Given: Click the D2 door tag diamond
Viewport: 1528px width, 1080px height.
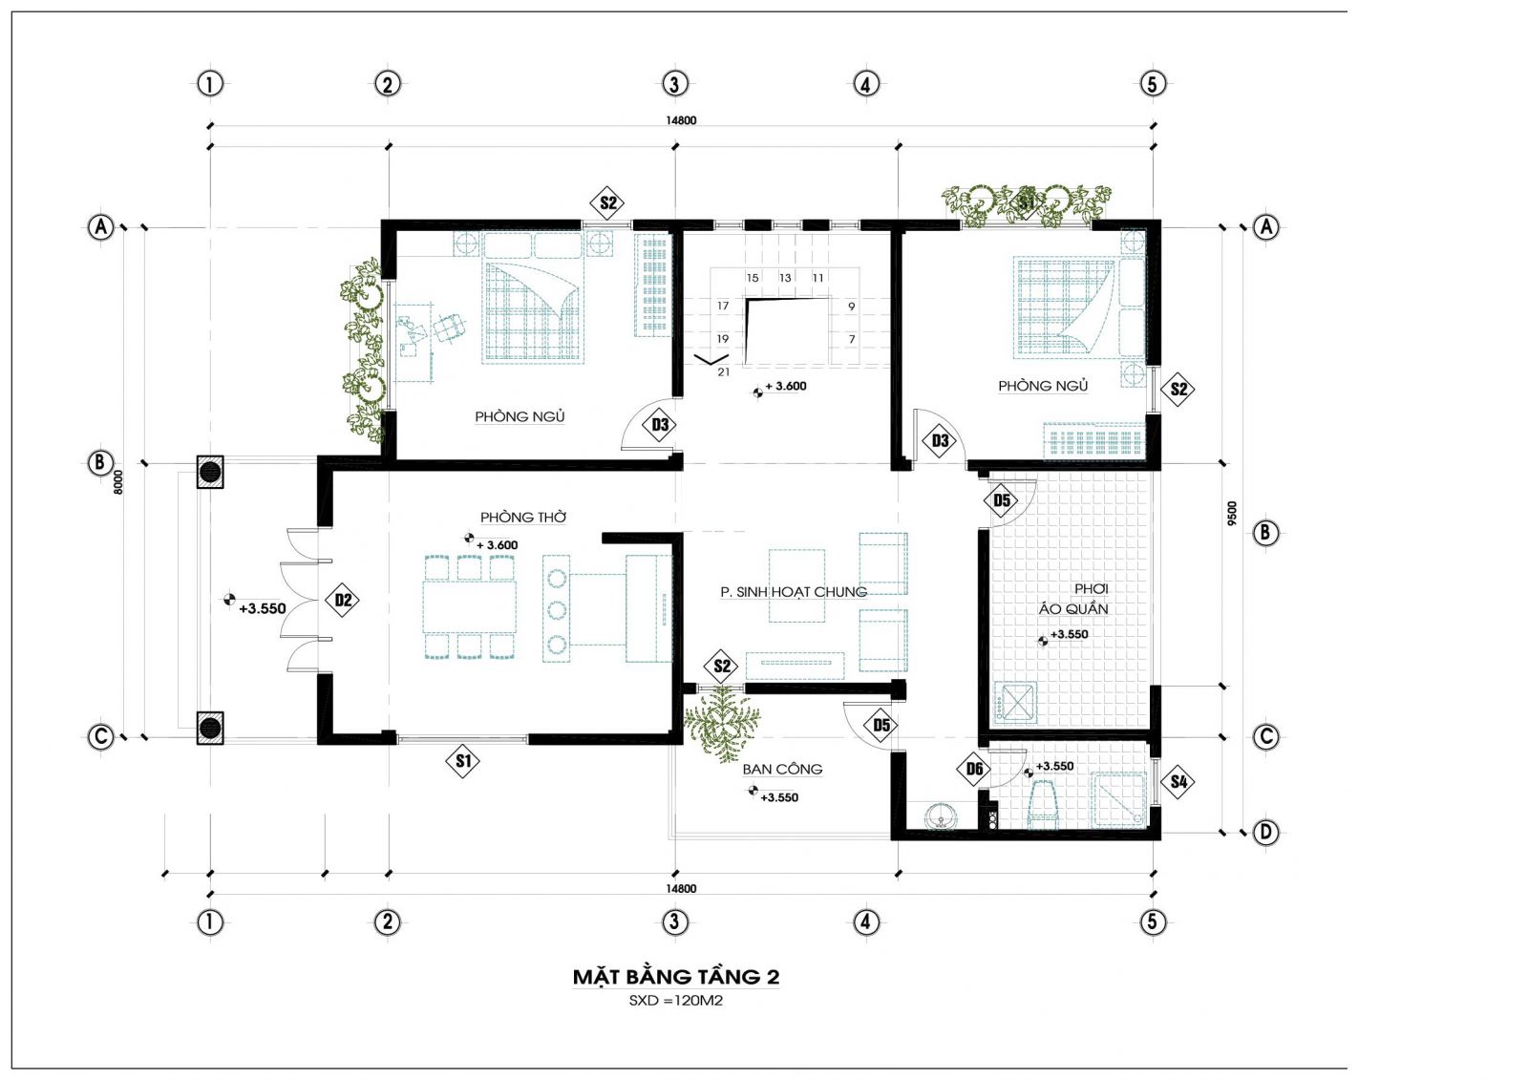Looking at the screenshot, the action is pyautogui.click(x=343, y=601).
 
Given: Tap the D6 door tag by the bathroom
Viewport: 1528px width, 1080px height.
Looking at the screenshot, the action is pyautogui.click(x=974, y=770).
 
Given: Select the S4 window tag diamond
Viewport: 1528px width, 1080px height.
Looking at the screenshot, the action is pyautogui.click(x=1178, y=781).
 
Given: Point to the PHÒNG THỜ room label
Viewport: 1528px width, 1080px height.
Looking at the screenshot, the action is pyautogui.click(x=523, y=518).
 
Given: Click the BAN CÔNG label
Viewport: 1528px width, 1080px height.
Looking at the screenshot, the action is pyautogui.click(x=782, y=769).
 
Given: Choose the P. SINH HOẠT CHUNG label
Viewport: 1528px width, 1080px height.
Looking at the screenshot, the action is pyautogui.click(x=794, y=591).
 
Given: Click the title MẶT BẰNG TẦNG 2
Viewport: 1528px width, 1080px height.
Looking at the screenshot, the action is pyautogui.click(x=675, y=977).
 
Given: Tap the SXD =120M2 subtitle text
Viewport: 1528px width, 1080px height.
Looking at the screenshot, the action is pyautogui.click(x=675, y=1001).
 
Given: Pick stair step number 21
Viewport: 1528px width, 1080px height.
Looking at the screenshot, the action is pyautogui.click(x=724, y=371).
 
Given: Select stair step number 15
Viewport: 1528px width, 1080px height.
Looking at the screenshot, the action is pyautogui.click(x=753, y=278).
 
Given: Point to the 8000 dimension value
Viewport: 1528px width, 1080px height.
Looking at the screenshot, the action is pyautogui.click(x=118, y=481).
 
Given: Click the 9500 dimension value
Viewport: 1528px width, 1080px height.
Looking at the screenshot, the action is pyautogui.click(x=1232, y=513).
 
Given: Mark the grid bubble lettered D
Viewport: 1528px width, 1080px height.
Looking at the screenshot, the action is pyautogui.click(x=1266, y=833).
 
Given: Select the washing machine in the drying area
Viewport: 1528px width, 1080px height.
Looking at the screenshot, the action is pyautogui.click(x=1016, y=702).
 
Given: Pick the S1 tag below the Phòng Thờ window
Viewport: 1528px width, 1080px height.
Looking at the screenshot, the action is pyautogui.click(x=463, y=761).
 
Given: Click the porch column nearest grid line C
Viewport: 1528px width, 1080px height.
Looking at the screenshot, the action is pyautogui.click(x=210, y=727).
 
